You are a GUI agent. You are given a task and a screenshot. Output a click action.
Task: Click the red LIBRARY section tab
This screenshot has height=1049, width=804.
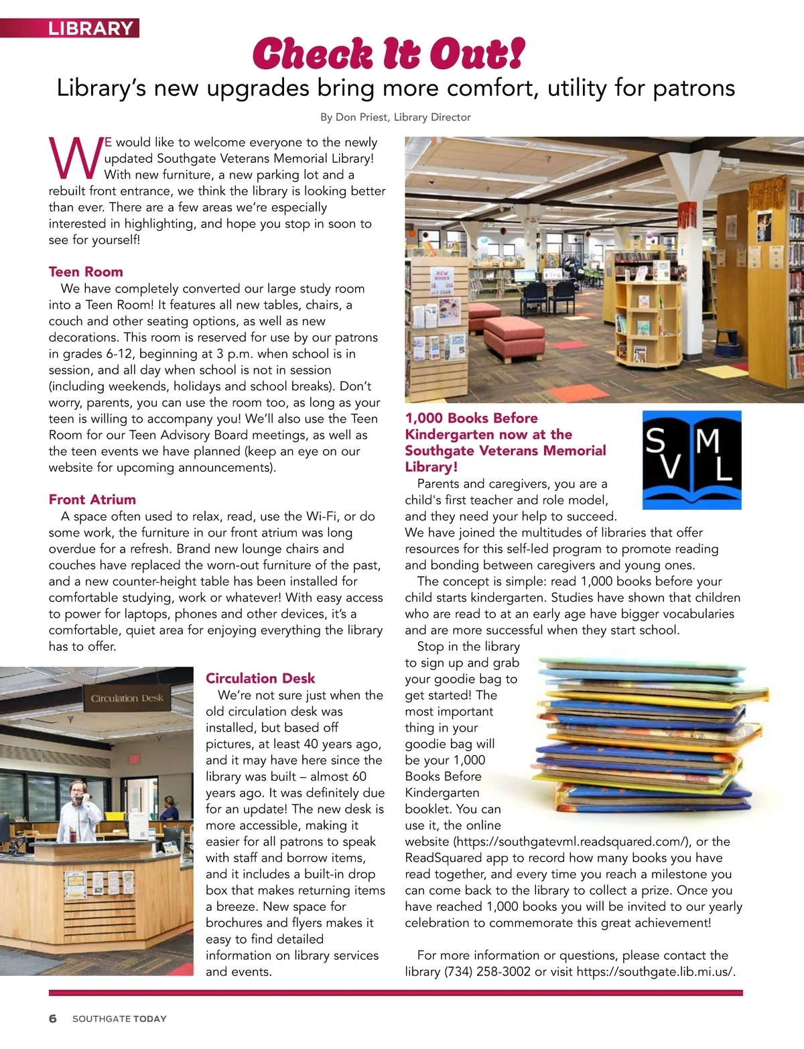[x=90, y=28]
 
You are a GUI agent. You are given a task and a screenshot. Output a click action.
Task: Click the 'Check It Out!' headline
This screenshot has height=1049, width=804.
[x=389, y=54]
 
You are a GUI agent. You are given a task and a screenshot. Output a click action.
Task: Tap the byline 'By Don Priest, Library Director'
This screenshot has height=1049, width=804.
[x=395, y=117]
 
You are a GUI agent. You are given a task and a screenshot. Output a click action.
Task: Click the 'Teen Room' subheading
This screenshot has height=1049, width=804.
[x=86, y=272]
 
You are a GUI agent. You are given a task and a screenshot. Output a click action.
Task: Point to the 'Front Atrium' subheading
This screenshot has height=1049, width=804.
[x=92, y=499]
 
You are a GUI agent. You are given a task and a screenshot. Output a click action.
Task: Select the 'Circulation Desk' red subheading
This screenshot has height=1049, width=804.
[x=260, y=678]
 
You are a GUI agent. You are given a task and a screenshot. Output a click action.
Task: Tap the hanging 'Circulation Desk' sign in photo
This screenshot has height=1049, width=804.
[x=127, y=698]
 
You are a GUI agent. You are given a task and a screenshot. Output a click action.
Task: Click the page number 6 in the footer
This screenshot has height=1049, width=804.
[x=53, y=1018]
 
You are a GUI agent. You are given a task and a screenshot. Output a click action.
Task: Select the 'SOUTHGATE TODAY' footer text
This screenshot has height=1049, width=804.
[x=119, y=1019]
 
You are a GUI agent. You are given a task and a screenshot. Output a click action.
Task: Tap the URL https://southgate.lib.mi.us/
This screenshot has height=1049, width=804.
[x=655, y=971]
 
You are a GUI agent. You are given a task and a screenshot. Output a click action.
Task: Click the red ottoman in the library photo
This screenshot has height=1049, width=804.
[x=515, y=335]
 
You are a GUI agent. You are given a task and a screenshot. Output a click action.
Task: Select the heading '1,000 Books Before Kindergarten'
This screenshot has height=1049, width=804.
[x=505, y=442]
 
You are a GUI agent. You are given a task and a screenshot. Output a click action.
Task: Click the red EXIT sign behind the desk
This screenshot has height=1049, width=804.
[x=134, y=759]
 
